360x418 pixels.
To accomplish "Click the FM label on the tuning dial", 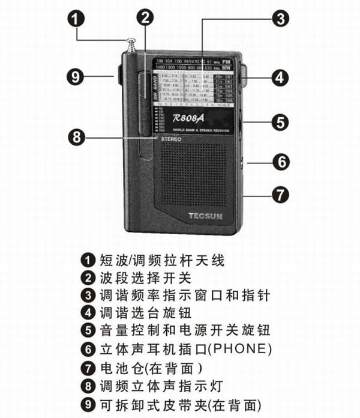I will pyautogui.click(x=226, y=62).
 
